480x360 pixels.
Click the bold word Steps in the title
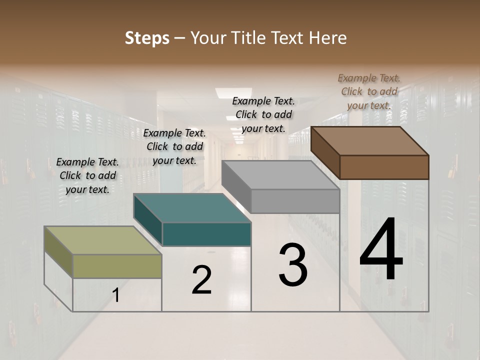pos(147,38)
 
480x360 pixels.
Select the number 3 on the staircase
pos(292,265)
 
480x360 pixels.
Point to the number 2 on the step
pos(201,280)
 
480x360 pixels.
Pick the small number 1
pos(116,295)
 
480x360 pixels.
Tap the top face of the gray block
pos(280,175)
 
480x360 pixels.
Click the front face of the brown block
pos(384,167)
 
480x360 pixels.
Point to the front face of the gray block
pos(295,201)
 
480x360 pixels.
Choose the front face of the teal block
pos(206,234)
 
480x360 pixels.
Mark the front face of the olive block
pos(117,266)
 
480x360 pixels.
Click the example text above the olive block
pos(87,175)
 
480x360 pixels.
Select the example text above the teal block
pos(174,146)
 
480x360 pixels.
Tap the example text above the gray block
pos(263,114)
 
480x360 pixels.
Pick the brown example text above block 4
pos(369,91)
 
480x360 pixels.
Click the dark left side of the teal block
pos(148,220)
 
